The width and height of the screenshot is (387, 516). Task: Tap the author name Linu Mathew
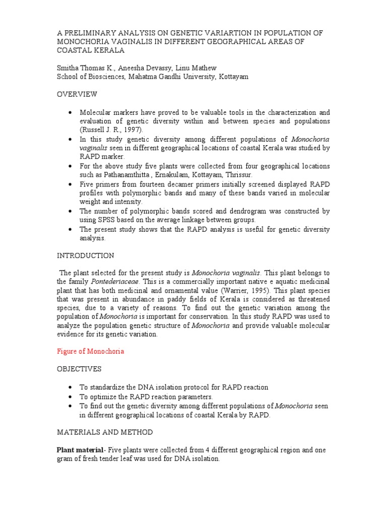click(188, 67)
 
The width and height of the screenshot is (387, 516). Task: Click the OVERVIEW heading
click(77, 94)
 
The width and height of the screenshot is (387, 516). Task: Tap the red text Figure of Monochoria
click(90, 351)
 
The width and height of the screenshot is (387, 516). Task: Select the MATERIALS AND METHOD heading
click(104, 432)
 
